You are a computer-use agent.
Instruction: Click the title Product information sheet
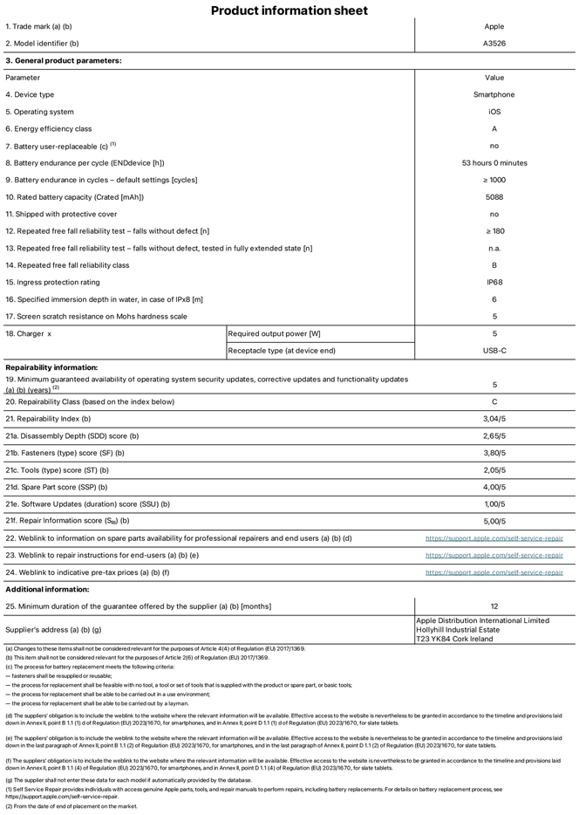coord(289,10)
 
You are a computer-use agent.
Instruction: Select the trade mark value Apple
coord(494,27)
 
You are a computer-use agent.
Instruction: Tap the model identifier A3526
coord(494,44)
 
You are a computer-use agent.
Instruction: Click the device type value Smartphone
coord(494,95)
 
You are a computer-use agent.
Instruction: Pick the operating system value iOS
coord(494,112)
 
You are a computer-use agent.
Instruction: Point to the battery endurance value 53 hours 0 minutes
coord(494,163)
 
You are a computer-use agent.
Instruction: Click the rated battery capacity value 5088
coord(494,197)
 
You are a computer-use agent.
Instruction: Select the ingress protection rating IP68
coord(494,283)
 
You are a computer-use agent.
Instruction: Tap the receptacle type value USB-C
coord(494,351)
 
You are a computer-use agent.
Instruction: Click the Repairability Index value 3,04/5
coord(494,419)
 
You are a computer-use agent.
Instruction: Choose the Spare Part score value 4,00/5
coord(494,487)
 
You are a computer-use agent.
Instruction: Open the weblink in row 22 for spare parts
coord(494,538)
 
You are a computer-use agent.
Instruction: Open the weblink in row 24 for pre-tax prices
coord(494,572)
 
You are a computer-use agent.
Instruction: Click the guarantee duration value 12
coord(494,606)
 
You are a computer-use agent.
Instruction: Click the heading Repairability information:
coord(51,368)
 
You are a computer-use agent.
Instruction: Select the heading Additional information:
coord(48,589)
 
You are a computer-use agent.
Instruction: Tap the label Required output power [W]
coord(274,333)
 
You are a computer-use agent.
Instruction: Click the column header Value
coord(494,78)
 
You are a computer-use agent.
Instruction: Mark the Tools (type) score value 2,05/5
coord(494,470)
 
